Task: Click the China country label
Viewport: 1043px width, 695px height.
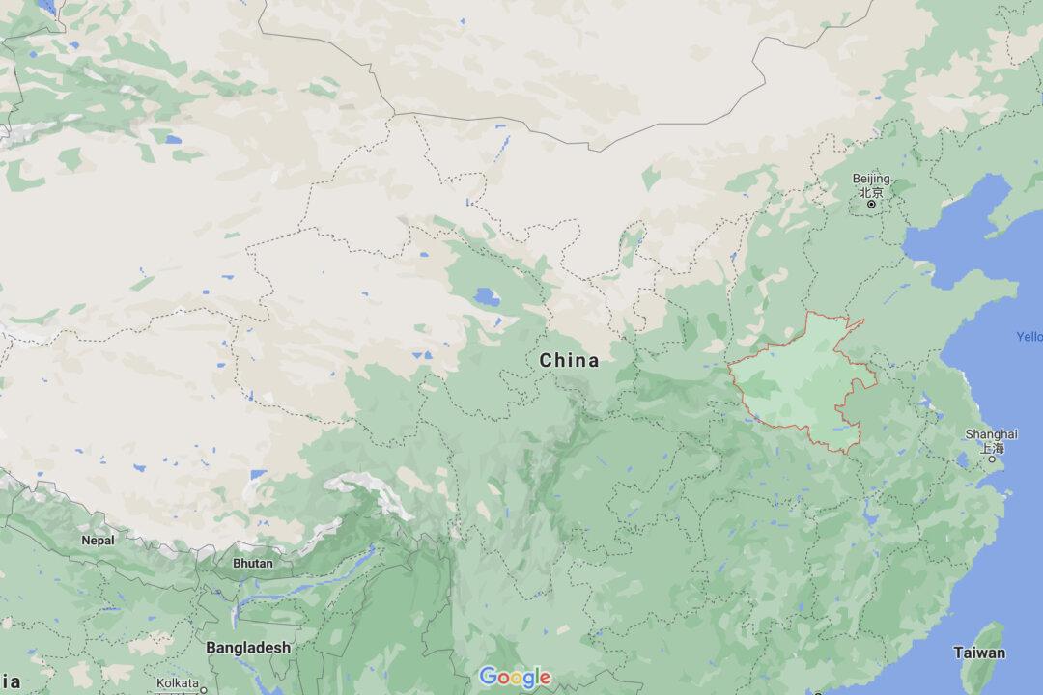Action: [x=569, y=361]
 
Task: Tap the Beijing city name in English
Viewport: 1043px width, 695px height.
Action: [x=871, y=180]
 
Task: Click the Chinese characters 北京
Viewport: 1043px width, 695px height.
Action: [x=871, y=192]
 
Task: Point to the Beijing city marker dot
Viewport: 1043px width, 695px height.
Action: [x=871, y=205]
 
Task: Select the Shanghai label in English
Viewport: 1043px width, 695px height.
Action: [x=991, y=434]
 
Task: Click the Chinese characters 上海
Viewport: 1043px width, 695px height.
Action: [x=992, y=448]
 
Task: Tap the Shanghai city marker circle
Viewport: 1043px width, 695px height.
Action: [x=991, y=460]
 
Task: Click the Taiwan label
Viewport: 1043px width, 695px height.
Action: [x=979, y=653]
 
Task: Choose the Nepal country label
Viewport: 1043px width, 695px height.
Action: [x=98, y=541]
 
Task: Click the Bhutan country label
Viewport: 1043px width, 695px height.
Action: [x=253, y=563]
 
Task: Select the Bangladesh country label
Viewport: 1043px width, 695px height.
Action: [x=247, y=648]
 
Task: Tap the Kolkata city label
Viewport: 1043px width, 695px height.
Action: [x=178, y=682]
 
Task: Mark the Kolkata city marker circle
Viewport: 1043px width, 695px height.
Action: [x=203, y=691]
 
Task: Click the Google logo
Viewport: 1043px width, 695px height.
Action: [x=515, y=677]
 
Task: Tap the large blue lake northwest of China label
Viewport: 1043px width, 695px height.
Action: [x=488, y=297]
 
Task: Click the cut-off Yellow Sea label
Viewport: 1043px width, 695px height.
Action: [x=1029, y=337]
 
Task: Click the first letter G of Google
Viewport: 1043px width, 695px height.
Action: [x=488, y=676]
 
